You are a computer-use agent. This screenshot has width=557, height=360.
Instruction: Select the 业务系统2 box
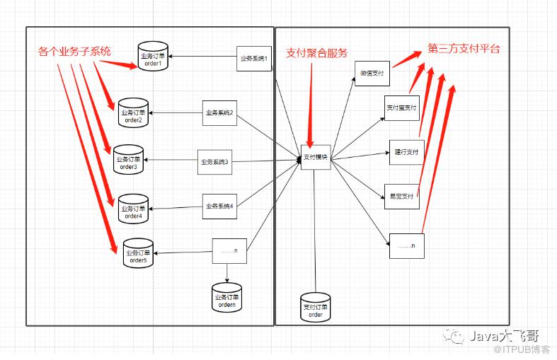[x=219, y=113]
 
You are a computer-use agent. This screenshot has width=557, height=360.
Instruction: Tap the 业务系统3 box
[x=214, y=163]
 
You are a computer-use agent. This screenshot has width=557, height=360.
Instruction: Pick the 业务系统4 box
[x=219, y=207]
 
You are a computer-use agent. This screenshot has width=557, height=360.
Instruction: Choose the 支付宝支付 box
[x=402, y=108]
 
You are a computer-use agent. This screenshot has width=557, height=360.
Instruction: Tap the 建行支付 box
[x=406, y=153]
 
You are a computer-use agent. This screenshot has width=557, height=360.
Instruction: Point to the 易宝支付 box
[x=401, y=196]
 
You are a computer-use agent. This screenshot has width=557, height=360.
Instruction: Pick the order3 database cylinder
[x=129, y=160]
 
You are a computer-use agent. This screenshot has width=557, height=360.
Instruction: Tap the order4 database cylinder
[x=133, y=209]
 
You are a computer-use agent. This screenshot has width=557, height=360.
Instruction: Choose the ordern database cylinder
[x=226, y=298]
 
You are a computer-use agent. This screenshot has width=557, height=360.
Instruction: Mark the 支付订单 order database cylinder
[x=315, y=308]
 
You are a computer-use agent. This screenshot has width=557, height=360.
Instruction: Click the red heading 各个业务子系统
[x=74, y=51]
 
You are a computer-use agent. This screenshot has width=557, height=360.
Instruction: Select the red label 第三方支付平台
[x=464, y=49]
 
